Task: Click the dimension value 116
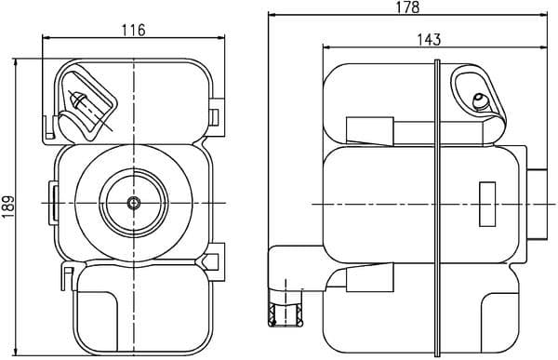[134, 30]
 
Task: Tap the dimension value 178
[406, 7]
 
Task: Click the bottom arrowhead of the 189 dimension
[19, 353]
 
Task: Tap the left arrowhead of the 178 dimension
[272, 15]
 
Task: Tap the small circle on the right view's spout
[481, 101]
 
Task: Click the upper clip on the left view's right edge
[216, 116]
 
